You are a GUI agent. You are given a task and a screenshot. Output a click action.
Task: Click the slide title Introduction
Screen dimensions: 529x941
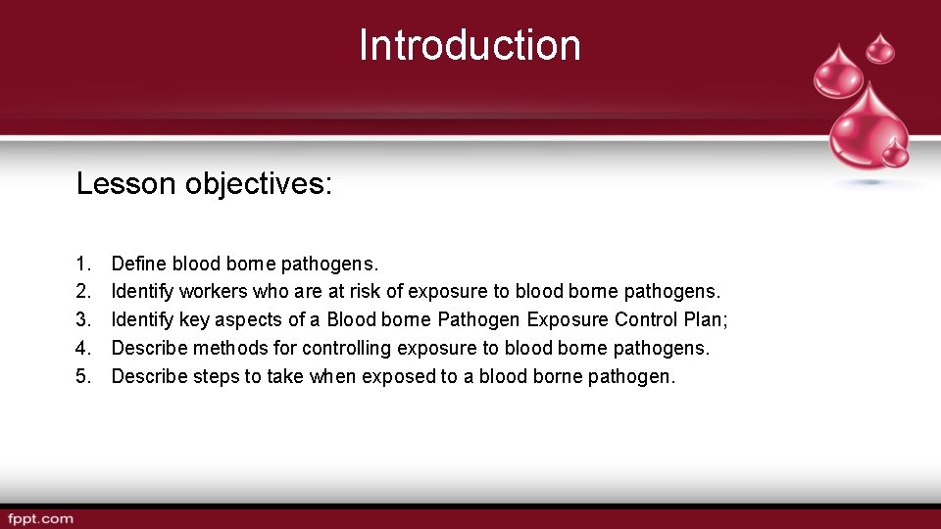tap(470, 45)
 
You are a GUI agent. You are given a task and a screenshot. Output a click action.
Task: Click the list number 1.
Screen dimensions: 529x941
tap(81, 264)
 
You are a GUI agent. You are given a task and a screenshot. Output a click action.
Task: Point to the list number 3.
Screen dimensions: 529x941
tap(81, 320)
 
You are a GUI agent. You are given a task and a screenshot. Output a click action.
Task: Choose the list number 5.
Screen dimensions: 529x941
tap(81, 376)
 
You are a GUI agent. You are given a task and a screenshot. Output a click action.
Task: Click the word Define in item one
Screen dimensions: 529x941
tap(139, 264)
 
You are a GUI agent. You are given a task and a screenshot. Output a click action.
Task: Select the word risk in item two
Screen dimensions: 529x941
tap(367, 292)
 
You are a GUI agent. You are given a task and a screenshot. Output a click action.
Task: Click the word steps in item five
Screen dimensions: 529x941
tap(215, 376)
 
